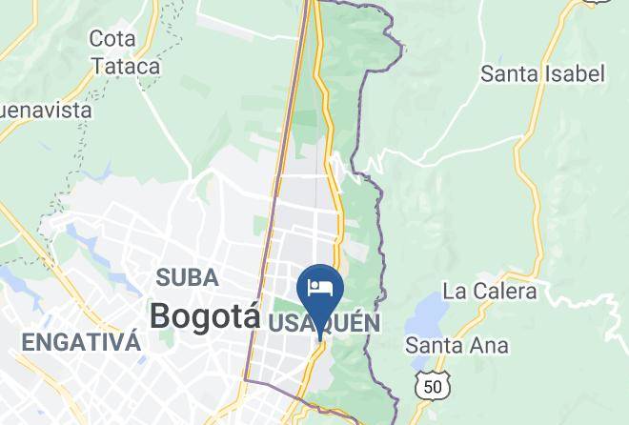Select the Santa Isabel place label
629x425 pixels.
tap(542, 73)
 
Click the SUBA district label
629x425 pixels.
tap(188, 278)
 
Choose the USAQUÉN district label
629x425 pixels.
tap(324, 324)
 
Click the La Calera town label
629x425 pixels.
tap(490, 291)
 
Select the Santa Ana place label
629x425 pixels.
tap(457, 345)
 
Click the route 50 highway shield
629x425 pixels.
tap(432, 385)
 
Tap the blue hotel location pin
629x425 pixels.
tap(320, 289)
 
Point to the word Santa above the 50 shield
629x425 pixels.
tap(435, 345)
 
